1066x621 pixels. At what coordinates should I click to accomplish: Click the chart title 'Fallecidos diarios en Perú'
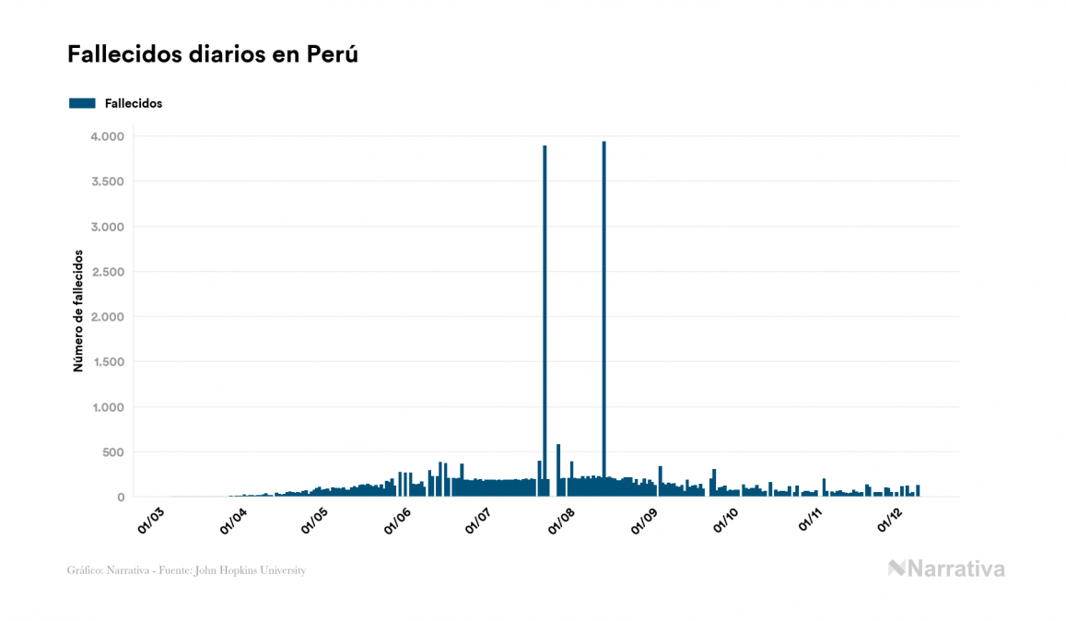[212, 54]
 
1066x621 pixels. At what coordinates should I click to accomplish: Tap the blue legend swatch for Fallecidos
[82, 103]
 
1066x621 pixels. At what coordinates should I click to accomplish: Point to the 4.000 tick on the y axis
[107, 136]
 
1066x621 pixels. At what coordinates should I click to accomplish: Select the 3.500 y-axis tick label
[107, 182]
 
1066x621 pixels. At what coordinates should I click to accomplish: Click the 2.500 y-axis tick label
[107, 272]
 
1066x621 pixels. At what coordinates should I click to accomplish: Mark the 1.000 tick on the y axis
[107, 407]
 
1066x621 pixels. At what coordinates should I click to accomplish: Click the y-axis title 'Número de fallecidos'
[78, 310]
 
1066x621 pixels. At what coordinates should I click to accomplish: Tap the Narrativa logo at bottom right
[946, 568]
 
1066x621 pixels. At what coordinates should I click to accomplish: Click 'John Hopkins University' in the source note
[260, 570]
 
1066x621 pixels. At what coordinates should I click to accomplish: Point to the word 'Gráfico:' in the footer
[85, 570]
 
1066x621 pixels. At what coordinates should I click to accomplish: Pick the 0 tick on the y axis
[120, 498]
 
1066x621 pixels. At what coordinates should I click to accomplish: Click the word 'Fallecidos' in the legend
[134, 103]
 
